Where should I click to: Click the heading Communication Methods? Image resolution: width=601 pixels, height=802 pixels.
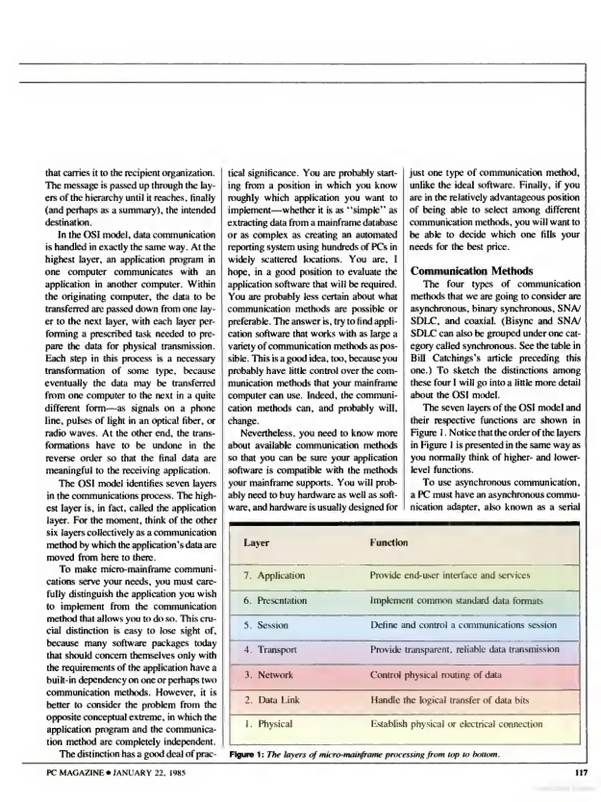(471, 271)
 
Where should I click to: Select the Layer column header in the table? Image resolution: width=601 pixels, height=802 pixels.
(256, 543)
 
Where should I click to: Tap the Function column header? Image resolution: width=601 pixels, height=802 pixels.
(389, 543)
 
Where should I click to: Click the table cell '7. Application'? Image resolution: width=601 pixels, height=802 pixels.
(274, 576)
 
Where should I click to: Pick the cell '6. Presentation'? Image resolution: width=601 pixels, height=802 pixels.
(275, 601)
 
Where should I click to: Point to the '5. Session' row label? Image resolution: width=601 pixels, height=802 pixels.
(266, 625)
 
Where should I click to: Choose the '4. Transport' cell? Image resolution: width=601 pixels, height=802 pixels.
(270, 650)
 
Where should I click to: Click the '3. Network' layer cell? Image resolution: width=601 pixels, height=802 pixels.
(269, 675)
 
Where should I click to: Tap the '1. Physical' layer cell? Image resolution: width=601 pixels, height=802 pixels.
(269, 724)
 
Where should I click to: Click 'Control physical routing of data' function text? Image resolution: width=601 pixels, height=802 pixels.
(436, 675)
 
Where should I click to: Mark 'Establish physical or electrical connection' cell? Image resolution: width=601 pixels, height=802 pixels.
(457, 724)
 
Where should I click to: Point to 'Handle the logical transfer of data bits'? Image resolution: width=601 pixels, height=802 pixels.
(449, 700)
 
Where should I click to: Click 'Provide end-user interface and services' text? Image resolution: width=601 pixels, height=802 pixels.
(450, 576)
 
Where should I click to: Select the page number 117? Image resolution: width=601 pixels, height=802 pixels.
(581, 773)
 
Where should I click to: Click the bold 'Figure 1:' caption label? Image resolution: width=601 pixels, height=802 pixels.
(246, 755)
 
